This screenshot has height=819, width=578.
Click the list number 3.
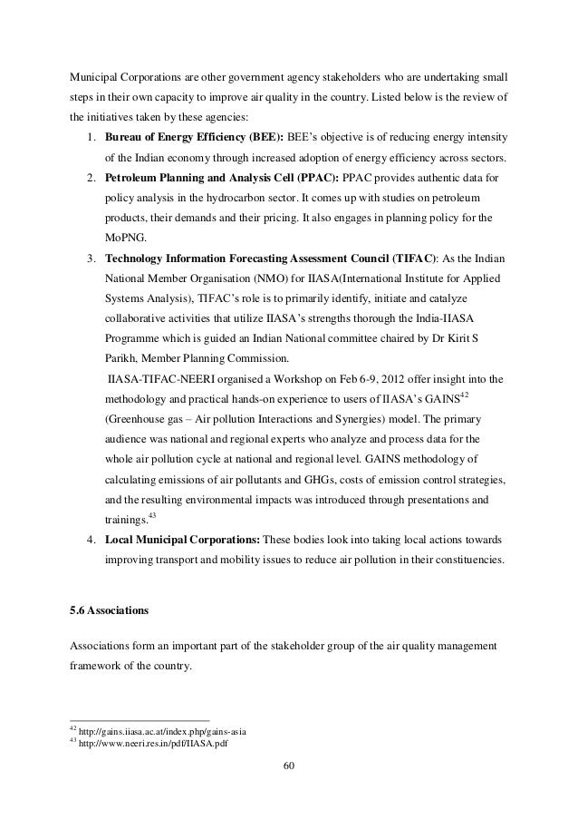click(92, 258)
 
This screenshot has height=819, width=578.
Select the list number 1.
click(92, 136)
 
